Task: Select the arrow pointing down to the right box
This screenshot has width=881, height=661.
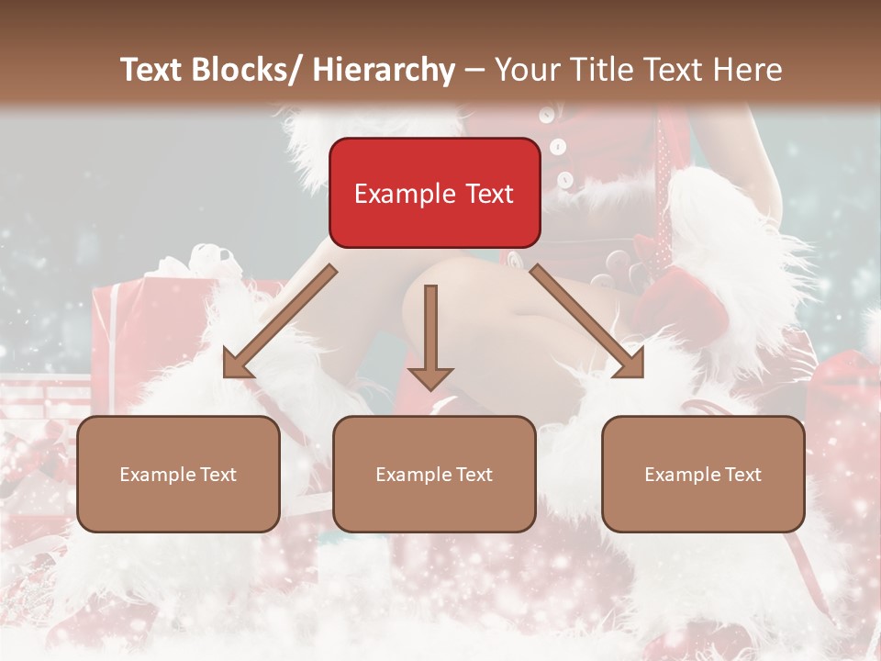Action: click(587, 321)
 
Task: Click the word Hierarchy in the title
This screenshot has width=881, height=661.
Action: click(384, 70)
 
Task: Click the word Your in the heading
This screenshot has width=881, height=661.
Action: click(525, 70)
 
